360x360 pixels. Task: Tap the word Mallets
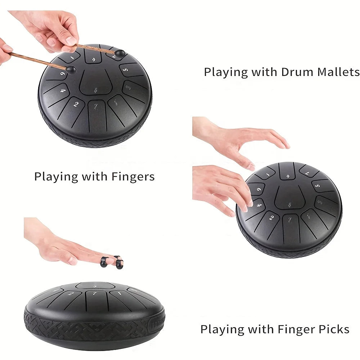pos(338,72)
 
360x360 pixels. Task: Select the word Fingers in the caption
pos(133,177)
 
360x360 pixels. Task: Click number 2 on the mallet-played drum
pos(76,105)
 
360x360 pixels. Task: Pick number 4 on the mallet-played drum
pos(63,90)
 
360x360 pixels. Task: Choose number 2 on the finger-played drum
pos(271,217)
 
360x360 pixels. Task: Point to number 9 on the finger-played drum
pos(259,188)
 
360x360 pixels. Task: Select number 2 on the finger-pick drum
pos(71,294)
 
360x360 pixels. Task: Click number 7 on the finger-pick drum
pos(95,294)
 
